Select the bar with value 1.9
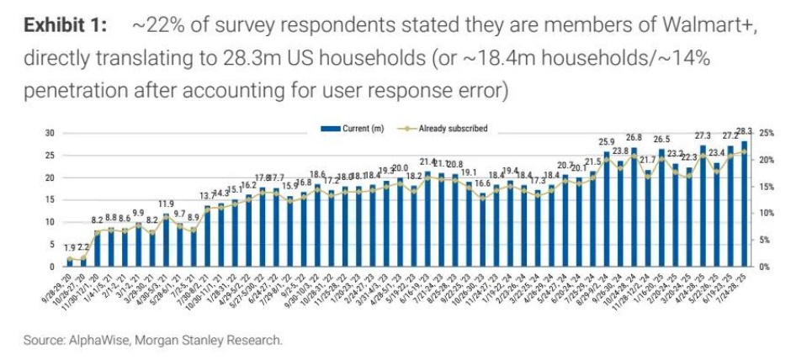(71, 262)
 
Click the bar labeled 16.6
(483, 230)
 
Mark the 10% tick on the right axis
(767, 213)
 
